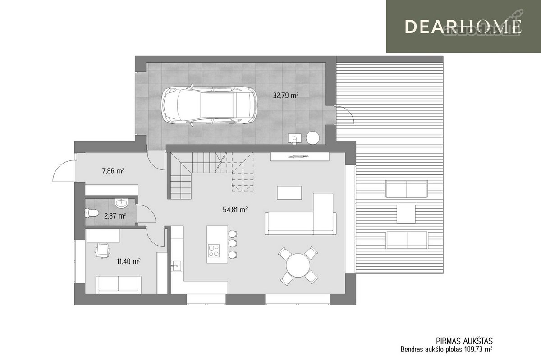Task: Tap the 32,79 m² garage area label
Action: [x=286, y=96]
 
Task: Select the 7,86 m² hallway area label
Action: [x=113, y=171]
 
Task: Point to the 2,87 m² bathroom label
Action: [x=115, y=216]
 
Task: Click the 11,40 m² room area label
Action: [x=128, y=261]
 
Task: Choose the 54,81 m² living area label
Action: [x=235, y=210]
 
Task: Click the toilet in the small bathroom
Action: [x=92, y=213]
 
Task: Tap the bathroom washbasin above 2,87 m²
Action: [x=121, y=203]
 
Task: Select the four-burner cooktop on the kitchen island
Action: [x=214, y=251]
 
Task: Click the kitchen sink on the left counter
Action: [x=177, y=266]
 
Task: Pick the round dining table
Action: [x=298, y=265]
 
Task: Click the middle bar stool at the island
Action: [x=233, y=243]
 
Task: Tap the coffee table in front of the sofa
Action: [x=289, y=193]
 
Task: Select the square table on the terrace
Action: [x=406, y=214]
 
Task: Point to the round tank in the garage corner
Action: [x=312, y=138]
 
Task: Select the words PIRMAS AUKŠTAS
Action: [x=464, y=341]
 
